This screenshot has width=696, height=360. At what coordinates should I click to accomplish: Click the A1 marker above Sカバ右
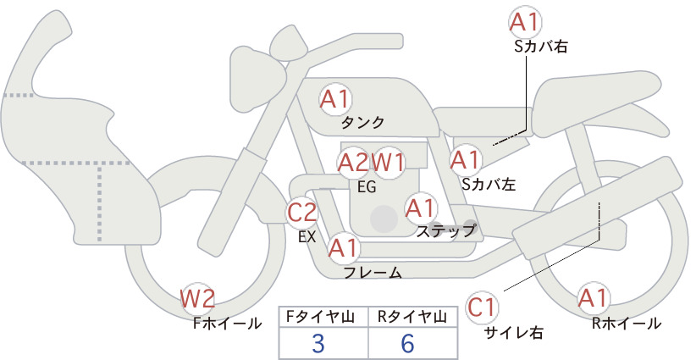coord(525,22)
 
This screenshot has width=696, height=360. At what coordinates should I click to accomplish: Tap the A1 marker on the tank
coord(335,99)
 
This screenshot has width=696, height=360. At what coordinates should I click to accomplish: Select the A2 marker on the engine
coord(353,163)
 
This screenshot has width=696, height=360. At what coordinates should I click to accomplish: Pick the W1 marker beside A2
coord(388,163)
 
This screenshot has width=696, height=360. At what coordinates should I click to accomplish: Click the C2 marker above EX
coord(302,212)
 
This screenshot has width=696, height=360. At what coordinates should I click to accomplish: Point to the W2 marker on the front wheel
coord(197,298)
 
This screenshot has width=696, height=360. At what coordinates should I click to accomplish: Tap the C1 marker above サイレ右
coord(482,307)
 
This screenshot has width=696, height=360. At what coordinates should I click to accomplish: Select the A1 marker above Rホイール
coord(593,298)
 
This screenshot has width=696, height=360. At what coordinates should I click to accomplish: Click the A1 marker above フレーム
coord(343,247)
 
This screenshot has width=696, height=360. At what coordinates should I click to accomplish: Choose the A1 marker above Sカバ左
coord(465,160)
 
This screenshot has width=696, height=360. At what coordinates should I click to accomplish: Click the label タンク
coord(362,123)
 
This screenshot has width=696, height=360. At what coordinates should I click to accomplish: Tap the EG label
coord(367,187)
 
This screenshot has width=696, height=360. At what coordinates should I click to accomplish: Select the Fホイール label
coord(228,324)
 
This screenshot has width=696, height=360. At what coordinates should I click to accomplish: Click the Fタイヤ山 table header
coord(320,317)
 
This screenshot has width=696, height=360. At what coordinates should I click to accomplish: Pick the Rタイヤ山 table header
coord(412,317)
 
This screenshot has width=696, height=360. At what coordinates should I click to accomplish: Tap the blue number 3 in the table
coord(318,343)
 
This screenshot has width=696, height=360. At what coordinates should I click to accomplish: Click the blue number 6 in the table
coord(407,343)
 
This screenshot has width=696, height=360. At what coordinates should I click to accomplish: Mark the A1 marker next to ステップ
coord(420,208)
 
